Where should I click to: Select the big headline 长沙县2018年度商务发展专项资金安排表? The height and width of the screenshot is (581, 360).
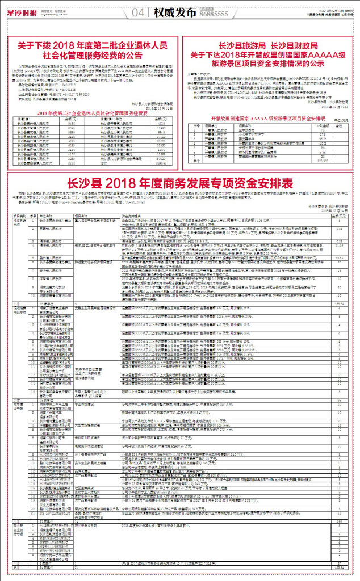[x=179, y=183]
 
